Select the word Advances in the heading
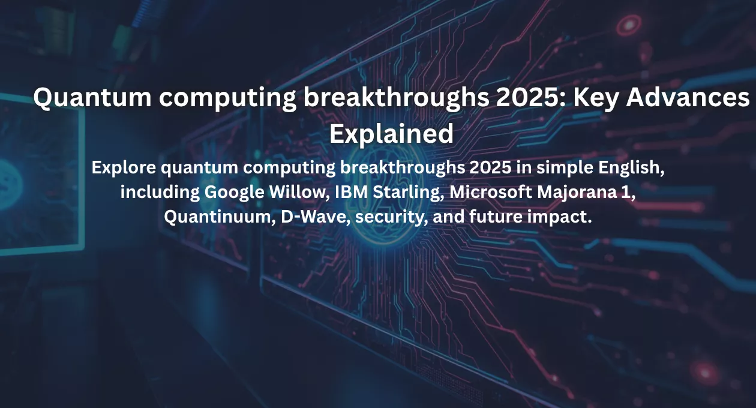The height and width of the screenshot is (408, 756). point(688,97)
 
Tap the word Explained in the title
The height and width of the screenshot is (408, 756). point(391,134)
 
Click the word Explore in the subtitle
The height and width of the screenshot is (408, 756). point(124,168)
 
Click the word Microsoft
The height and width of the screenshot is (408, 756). point(490,192)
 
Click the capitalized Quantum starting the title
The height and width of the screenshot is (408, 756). point(92,98)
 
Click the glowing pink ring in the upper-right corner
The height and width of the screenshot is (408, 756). point(629,25)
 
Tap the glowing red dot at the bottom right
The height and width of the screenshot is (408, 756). point(705,373)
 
